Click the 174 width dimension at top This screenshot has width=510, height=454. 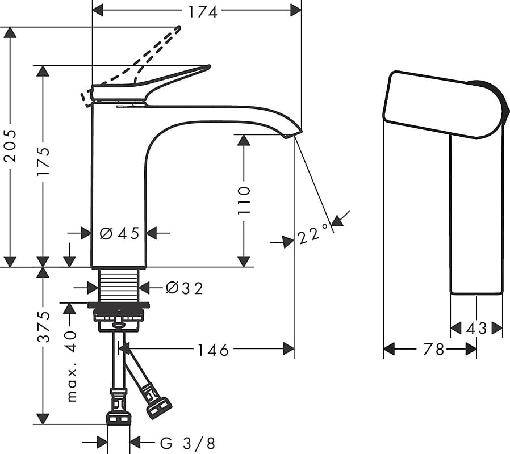tap(203, 12)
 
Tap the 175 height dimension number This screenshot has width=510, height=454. tap(43, 162)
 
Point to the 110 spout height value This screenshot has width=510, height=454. tap(244, 200)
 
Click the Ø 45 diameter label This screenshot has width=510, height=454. tap(119, 233)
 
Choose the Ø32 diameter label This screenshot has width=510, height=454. tap(184, 288)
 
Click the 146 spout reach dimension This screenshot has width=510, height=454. tap(213, 350)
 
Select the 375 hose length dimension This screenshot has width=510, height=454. tap(43, 327)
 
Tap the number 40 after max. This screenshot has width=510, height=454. tap(71, 342)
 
